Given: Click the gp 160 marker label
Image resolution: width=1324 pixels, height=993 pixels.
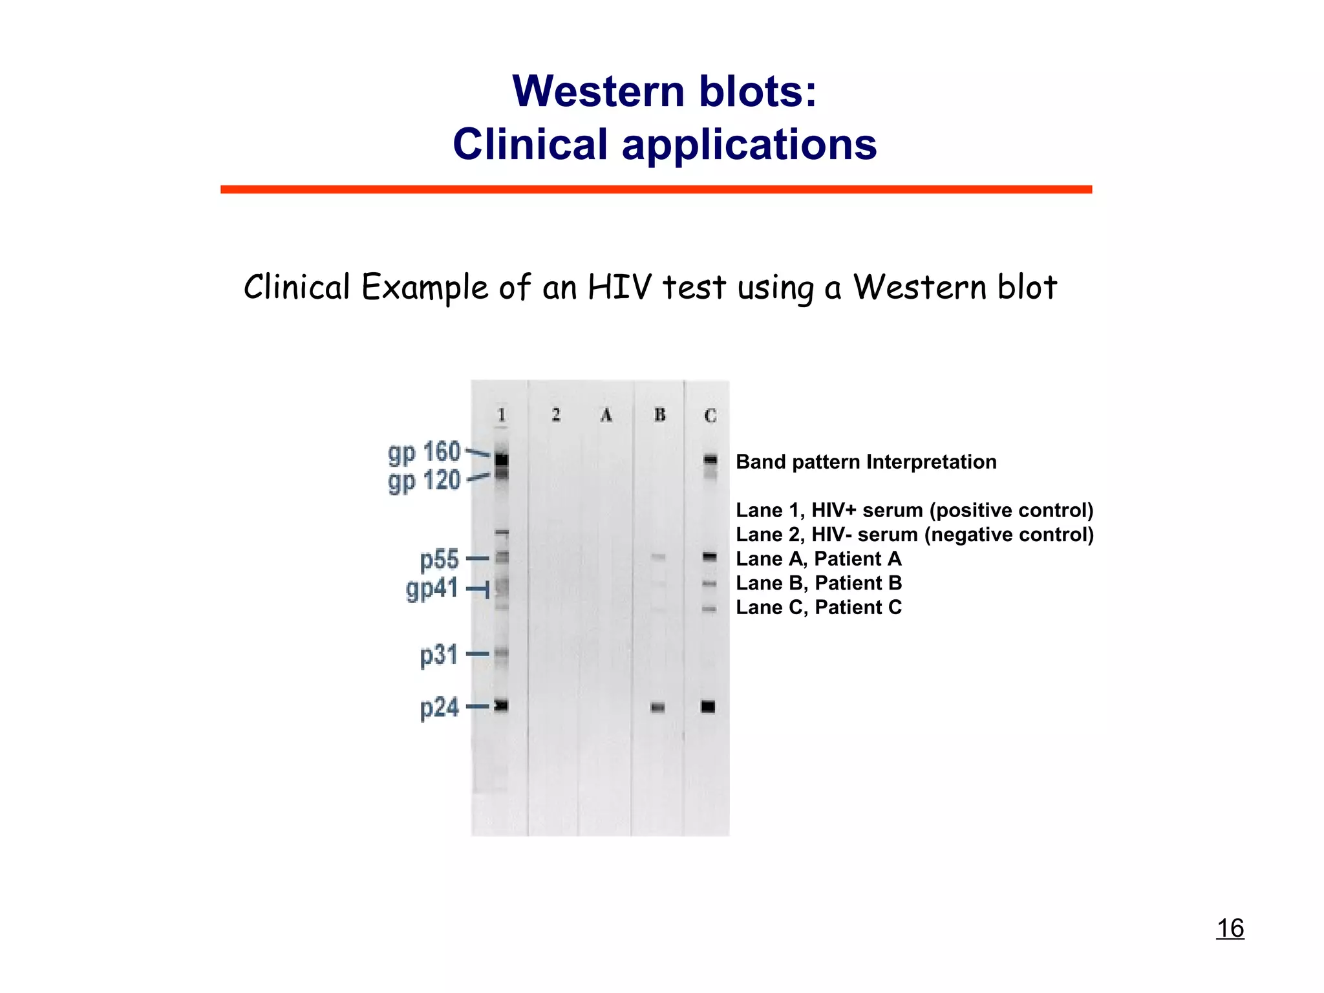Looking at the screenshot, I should click(424, 453).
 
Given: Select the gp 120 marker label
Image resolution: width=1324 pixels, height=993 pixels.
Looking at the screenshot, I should click(424, 482).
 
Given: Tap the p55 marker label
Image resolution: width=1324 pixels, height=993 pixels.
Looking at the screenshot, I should click(439, 559).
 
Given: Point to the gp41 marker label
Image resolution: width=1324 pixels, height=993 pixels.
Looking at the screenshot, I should click(432, 589).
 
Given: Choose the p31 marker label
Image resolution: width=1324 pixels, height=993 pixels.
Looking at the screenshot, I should click(439, 655).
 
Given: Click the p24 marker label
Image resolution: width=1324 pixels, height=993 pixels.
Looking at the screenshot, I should click(439, 707).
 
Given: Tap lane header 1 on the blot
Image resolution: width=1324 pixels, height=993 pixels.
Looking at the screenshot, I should click(502, 414).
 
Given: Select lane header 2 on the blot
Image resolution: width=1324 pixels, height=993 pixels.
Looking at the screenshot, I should click(556, 414).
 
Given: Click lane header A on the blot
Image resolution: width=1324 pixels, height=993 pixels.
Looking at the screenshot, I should click(606, 414).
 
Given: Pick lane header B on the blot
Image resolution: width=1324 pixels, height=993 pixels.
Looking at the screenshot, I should click(659, 414).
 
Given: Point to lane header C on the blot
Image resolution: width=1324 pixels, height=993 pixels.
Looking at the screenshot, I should click(710, 416).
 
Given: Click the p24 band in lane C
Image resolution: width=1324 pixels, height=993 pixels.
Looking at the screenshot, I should click(709, 707).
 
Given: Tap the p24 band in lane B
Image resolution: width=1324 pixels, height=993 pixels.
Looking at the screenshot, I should click(657, 707).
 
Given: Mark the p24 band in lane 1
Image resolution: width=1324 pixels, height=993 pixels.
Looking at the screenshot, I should click(502, 705).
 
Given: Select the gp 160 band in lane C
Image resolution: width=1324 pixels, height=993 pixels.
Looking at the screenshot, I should click(710, 460).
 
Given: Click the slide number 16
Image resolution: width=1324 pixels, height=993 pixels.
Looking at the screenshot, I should click(1230, 928).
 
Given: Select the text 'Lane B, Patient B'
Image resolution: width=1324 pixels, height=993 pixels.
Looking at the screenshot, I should click(818, 583).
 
